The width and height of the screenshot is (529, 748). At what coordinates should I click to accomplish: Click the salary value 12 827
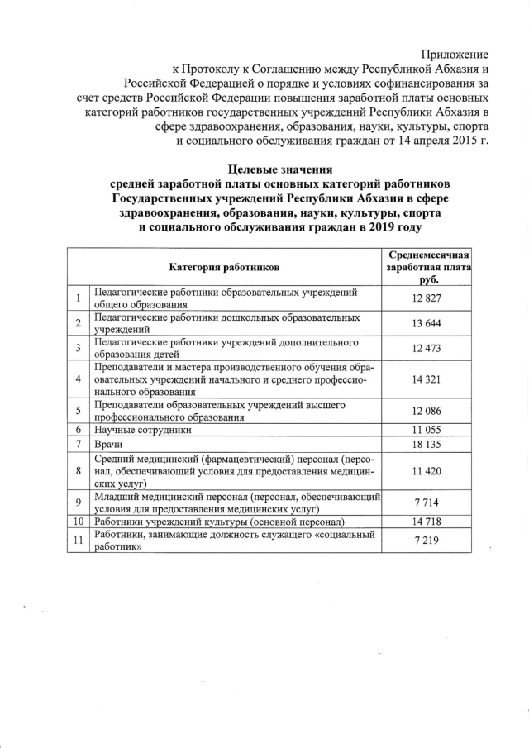[428, 298]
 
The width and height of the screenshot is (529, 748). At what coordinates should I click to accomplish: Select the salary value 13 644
[428, 323]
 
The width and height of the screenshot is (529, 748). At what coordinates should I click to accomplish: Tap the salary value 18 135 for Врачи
[428, 445]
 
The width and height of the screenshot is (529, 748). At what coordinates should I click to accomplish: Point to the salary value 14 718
[428, 522]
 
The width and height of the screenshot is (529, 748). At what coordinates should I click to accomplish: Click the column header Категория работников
[224, 268]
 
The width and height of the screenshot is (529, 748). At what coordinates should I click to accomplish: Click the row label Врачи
[109, 445]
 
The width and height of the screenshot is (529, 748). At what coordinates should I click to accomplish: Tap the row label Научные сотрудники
[143, 431]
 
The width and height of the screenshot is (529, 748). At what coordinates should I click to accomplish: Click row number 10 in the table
[78, 522]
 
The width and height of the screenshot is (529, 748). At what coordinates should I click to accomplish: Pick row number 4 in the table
[78, 379]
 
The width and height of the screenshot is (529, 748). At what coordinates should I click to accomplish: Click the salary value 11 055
[428, 431]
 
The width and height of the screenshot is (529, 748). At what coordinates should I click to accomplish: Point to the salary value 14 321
[428, 379]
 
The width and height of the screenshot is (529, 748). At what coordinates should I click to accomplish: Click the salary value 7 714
[428, 503]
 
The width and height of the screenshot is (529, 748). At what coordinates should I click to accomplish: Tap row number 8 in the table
[78, 470]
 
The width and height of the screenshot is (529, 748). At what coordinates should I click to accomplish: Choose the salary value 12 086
[428, 412]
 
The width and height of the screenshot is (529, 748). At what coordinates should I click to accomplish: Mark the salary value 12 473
[428, 348]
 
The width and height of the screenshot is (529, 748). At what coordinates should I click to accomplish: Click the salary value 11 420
[428, 470]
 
